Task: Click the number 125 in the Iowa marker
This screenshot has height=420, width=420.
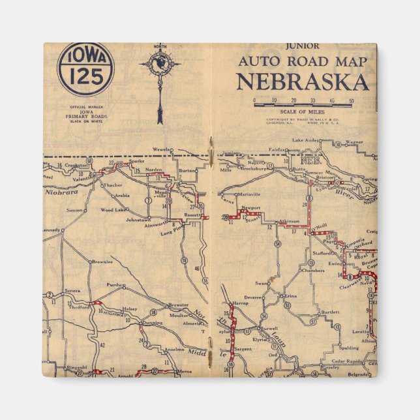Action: tap(86, 76)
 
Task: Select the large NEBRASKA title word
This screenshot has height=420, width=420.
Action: tap(302, 82)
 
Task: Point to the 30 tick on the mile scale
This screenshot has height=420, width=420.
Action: tap(313, 100)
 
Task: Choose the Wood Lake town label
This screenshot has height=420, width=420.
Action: tap(112, 210)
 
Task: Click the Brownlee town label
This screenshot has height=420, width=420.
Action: tap(102, 262)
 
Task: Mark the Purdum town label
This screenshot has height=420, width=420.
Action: tap(117, 284)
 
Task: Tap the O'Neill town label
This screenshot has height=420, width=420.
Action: tap(318, 226)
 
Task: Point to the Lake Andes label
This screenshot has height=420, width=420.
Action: tap(306, 140)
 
